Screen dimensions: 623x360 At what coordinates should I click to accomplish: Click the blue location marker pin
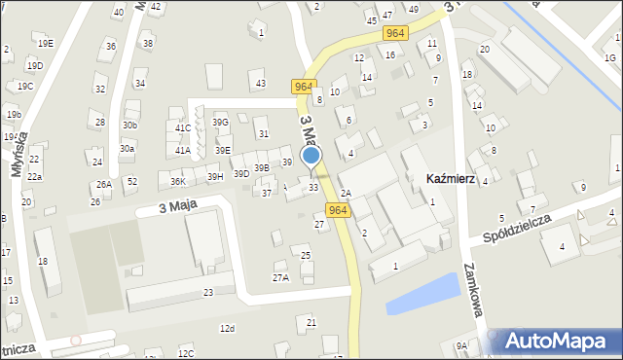point(311,157)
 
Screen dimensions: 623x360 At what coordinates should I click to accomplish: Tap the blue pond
point(422,294)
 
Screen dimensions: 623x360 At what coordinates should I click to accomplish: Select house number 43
point(260,84)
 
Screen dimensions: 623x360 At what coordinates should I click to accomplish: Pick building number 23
point(208,292)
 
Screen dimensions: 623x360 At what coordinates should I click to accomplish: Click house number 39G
point(221,122)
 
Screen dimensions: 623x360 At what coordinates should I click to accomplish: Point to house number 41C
point(183,127)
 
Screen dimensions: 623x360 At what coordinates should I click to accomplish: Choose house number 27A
point(280,278)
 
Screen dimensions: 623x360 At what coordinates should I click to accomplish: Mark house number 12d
point(227,329)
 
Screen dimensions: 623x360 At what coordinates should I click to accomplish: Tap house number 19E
point(46,44)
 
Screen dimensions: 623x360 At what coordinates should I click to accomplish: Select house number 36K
point(177,182)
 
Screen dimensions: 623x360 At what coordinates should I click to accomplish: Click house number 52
point(132,182)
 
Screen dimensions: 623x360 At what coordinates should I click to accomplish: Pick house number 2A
point(346,193)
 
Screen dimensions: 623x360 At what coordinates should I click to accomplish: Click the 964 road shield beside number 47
point(394,33)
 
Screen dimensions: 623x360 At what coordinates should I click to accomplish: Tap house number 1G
point(610,58)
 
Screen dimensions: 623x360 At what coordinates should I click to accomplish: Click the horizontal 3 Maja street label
point(160,208)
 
